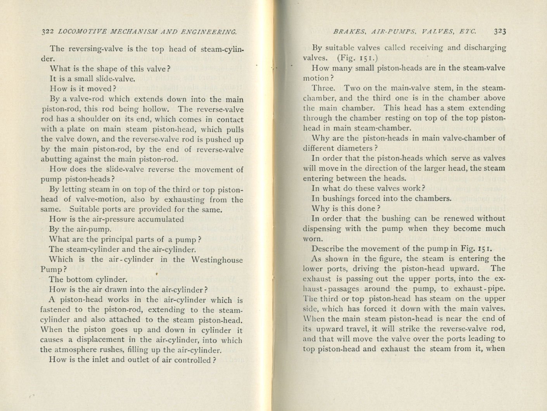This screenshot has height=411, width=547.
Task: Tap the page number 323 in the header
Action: [x=500, y=31]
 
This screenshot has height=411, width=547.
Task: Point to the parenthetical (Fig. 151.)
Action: [x=355, y=58]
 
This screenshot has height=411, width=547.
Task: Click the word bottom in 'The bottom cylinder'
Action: [x=80, y=279]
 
